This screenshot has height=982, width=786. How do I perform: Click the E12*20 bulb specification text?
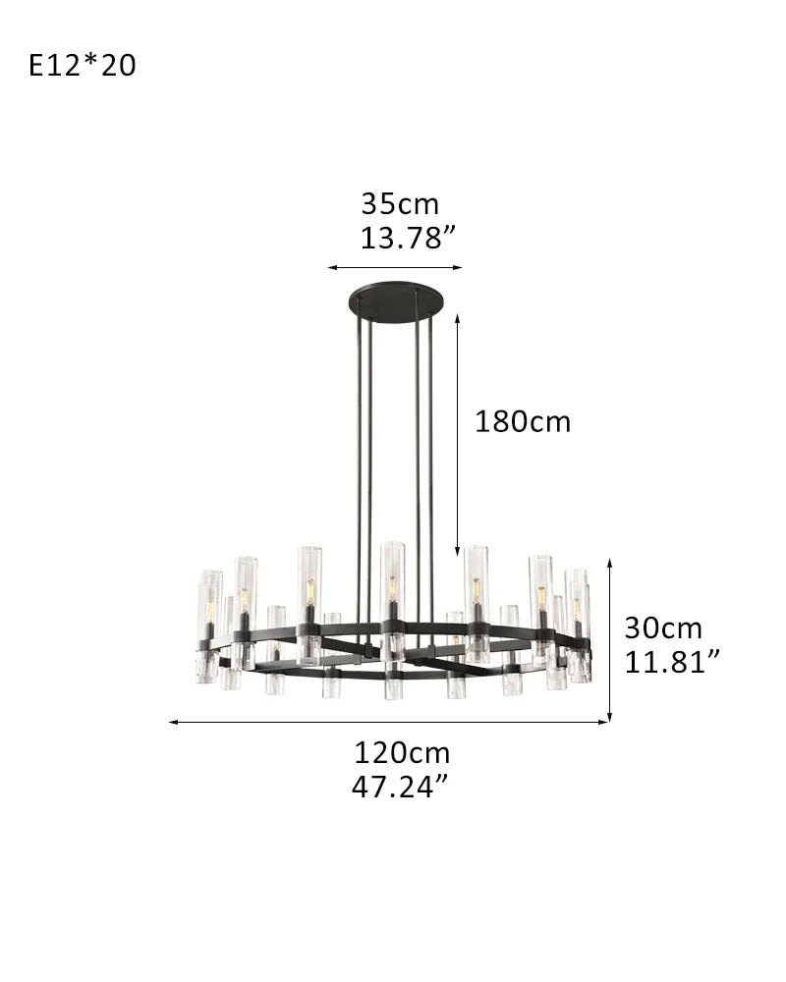(83, 66)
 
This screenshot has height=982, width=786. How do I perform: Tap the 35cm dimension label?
(400, 203)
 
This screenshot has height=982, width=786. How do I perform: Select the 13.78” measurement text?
(408, 237)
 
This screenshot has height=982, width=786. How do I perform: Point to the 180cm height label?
(523, 421)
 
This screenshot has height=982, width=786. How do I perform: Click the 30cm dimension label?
(663, 627)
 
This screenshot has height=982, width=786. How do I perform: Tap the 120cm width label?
(402, 753)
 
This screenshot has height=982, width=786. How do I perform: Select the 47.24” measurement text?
(401, 787)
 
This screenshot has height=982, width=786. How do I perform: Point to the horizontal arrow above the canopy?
(394, 266)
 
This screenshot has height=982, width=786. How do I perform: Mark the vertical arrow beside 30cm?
(610, 639)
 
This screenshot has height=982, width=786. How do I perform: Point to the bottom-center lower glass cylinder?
(393, 683)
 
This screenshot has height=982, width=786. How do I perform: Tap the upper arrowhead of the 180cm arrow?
(457, 318)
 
